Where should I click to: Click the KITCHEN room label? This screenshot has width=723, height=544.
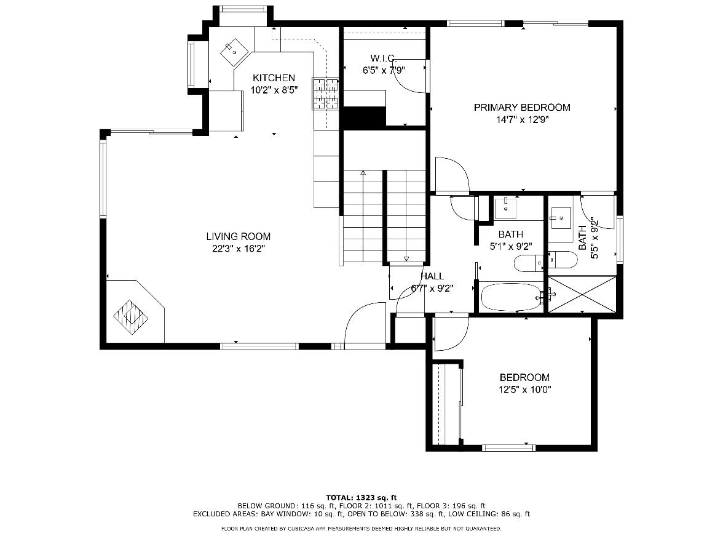point(274,78)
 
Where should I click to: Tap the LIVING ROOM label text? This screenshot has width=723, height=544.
point(238,236)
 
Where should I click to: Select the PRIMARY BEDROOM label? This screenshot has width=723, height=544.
point(522,108)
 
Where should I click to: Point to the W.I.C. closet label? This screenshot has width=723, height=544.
point(383,58)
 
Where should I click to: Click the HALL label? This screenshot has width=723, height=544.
point(432,276)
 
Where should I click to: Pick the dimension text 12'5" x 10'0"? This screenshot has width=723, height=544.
point(525,390)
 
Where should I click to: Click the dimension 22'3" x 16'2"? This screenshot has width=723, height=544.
point(238,249)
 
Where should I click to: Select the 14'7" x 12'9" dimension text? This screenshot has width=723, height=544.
point(522,120)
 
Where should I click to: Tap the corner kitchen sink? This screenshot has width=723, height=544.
point(234,52)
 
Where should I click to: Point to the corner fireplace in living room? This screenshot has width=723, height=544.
point(132,318)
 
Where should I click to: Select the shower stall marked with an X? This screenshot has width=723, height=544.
point(582,294)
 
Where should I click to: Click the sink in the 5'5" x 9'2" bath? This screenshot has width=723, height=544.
point(559,218)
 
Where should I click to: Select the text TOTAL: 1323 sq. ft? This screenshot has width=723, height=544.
point(361,497)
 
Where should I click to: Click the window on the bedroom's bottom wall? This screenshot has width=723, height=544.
point(508,447)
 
